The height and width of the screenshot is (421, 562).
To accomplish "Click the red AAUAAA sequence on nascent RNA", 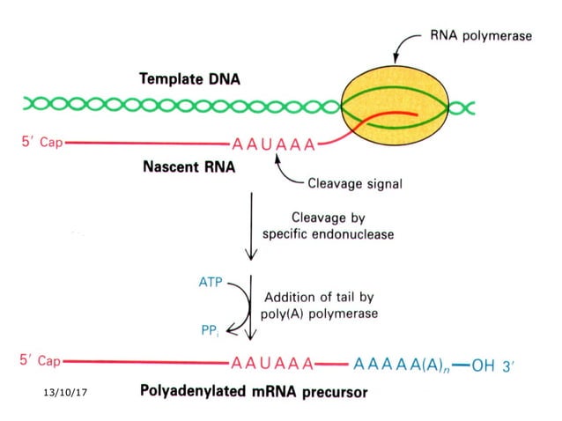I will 272,144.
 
